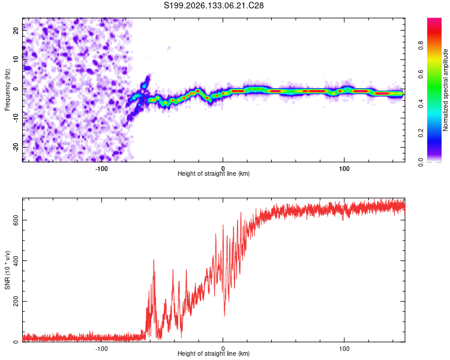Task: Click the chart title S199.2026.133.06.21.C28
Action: [x=214, y=5]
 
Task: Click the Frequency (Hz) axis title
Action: [x=7, y=90]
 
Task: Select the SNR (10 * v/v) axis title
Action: [x=7, y=270]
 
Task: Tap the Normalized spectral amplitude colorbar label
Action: [x=445, y=90]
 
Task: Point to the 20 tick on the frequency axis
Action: [x=16, y=31]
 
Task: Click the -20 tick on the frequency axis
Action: [x=16, y=147]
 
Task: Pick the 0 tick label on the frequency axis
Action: [x=16, y=89]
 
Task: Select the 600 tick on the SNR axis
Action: [x=16, y=220]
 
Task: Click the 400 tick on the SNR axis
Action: [x=16, y=260]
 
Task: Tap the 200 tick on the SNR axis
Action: [x=16, y=301]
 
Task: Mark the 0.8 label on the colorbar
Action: [x=421, y=46]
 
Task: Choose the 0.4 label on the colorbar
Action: [x=421, y=104]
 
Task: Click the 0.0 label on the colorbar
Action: [x=421, y=162]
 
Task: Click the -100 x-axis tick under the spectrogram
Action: [x=101, y=169]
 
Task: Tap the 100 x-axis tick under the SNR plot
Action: [x=344, y=349]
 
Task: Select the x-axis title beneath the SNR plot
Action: [x=214, y=353]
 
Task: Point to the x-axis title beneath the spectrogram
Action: [x=214, y=173]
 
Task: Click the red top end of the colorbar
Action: [x=434, y=20]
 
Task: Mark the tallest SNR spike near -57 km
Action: [x=154, y=260]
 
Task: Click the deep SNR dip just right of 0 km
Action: [x=224, y=315]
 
